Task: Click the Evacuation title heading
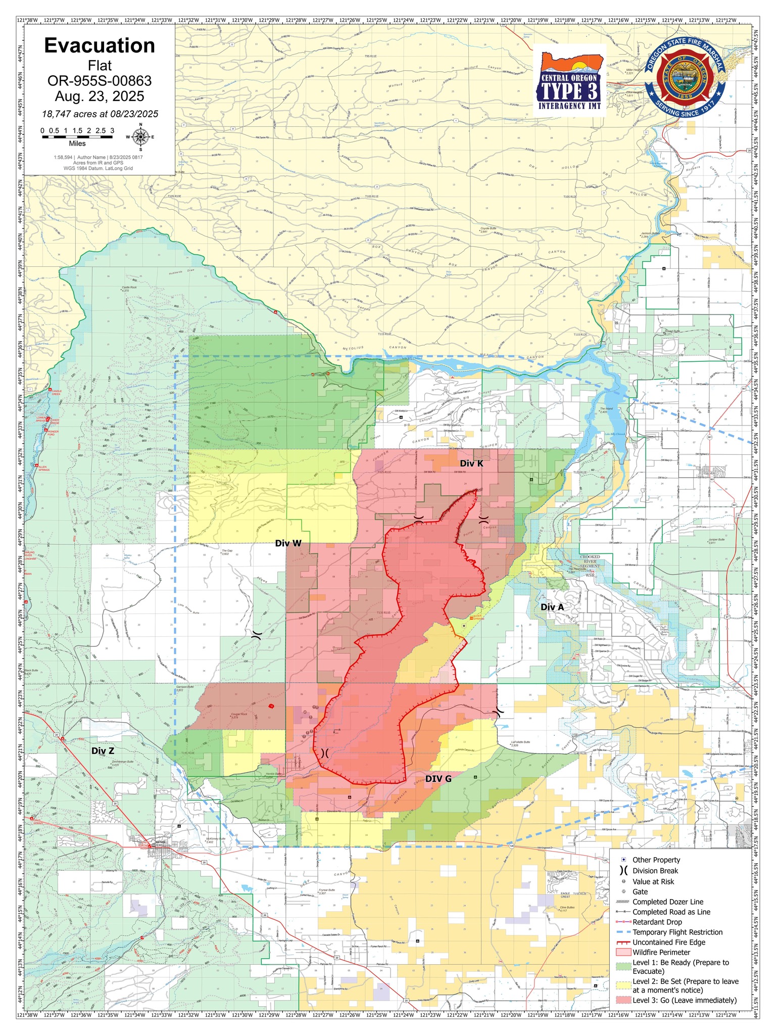coord(100,45)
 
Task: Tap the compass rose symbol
coord(140,136)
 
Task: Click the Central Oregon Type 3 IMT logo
coord(569,83)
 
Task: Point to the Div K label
coord(471,463)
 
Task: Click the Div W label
coord(288,543)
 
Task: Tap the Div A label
coord(552,607)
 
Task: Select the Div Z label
coord(103,751)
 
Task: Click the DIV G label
coord(438,779)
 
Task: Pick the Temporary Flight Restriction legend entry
coord(677,932)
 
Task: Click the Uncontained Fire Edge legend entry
coord(668,942)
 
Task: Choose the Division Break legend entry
coord(655,871)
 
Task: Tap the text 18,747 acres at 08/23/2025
coord(100,114)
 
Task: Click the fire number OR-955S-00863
coord(100,81)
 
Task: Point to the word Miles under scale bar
coord(77,144)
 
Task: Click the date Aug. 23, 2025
coord(100,97)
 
